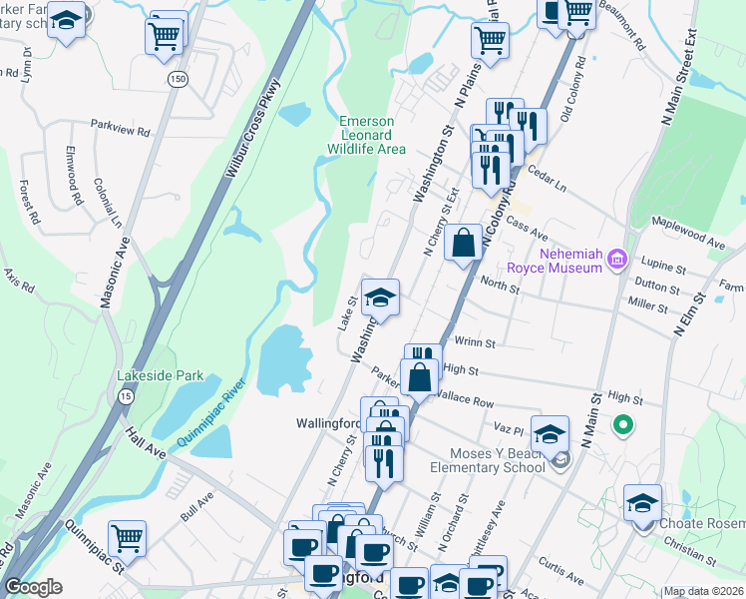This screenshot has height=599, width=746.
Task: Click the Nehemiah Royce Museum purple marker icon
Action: (x=618, y=261)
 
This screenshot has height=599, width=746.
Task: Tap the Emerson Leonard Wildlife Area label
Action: (x=367, y=135)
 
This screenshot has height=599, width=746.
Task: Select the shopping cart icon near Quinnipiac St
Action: (x=128, y=539)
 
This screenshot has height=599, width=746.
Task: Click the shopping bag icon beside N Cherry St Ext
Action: (x=464, y=243)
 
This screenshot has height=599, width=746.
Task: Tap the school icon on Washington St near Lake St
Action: (x=380, y=298)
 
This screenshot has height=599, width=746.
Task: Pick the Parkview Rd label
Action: (x=120, y=131)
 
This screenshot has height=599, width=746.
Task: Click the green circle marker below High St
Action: (x=623, y=425)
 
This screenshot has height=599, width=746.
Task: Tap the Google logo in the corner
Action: (x=34, y=587)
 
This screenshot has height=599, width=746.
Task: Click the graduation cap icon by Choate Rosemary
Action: (x=642, y=502)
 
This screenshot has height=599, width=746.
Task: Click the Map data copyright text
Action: (x=703, y=591)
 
